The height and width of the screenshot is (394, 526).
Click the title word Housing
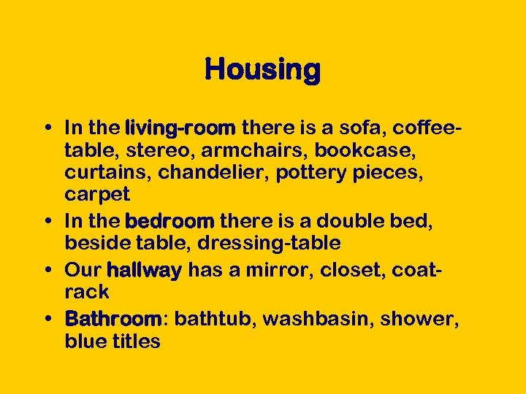[263, 71]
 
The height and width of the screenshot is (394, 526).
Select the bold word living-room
[180, 129]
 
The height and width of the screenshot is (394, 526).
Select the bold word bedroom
[170, 221]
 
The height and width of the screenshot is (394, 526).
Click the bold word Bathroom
[113, 319]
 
